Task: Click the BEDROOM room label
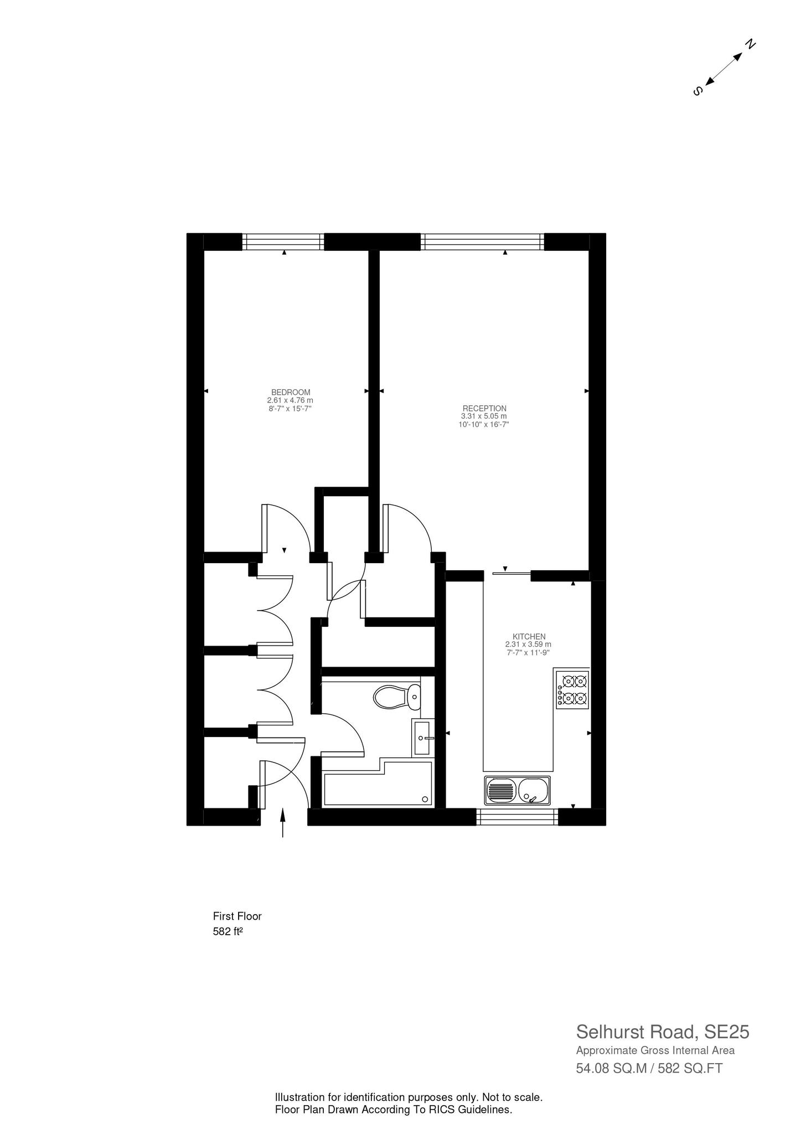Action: tap(291, 392)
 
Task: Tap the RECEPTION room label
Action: tap(484, 409)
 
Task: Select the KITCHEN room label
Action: tap(529, 637)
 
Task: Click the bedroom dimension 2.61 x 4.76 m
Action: tap(290, 400)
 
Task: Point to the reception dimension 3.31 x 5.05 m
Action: tap(484, 416)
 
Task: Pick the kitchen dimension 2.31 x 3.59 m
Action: tap(528, 645)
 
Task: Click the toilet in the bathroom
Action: tap(397, 697)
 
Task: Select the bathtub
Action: tap(378, 787)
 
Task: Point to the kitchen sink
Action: tap(518, 790)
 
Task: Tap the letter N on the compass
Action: tap(750, 44)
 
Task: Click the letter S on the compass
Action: tap(698, 90)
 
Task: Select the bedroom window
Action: tap(283, 242)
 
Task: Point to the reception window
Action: tap(483, 242)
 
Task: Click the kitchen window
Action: tap(517, 817)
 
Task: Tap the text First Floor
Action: tap(237, 916)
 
